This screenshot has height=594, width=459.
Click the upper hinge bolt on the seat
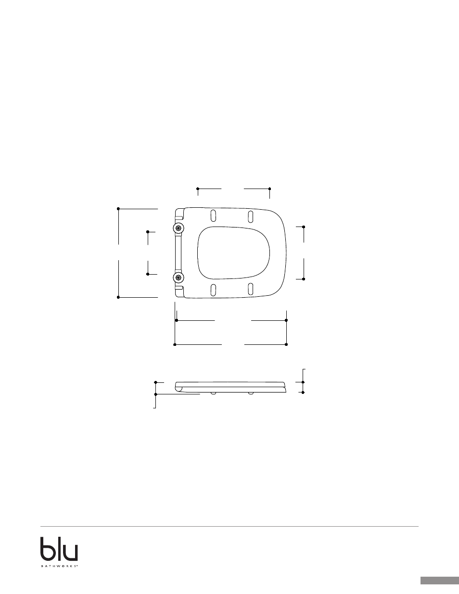coord(178,228)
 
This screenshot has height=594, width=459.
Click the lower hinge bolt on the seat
coord(178,278)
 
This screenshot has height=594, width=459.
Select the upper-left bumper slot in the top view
coord(213,215)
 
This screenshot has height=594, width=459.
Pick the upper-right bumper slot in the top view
coord(250,216)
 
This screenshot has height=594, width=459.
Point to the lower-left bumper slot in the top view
coord(214,290)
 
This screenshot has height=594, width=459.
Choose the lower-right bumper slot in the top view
coord(250,290)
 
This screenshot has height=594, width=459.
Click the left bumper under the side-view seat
coord(214,393)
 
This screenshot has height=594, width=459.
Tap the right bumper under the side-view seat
coord(251,393)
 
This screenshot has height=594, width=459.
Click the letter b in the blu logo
coord(49,549)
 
